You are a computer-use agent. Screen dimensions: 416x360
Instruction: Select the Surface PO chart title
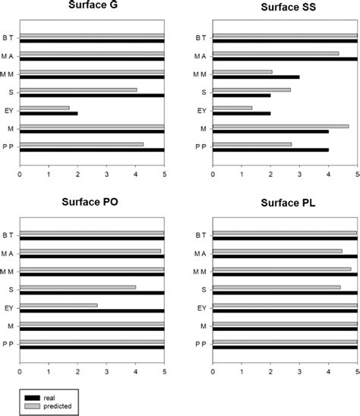(x=92, y=204)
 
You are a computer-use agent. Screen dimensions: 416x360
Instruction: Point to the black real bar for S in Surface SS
(x=242, y=95)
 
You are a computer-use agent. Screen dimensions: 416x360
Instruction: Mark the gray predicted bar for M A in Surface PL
(x=277, y=251)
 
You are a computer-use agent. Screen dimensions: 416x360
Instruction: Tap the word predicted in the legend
(x=59, y=406)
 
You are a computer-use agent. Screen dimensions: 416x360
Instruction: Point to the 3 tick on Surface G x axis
(x=106, y=173)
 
